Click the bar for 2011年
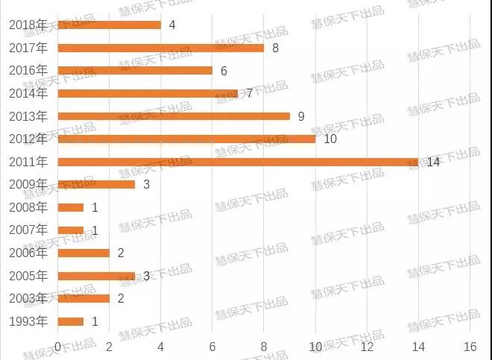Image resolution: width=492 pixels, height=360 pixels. (x=238, y=162)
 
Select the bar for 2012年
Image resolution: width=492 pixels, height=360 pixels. (x=186, y=139)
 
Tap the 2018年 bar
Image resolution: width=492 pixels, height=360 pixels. (x=109, y=25)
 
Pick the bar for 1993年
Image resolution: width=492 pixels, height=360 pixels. (x=71, y=321)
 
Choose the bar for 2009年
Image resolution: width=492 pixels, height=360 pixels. (x=96, y=184)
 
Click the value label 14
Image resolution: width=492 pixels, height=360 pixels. (x=433, y=162)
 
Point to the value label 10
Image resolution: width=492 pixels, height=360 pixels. (x=330, y=139)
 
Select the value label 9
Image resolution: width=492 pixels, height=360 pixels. (x=301, y=116)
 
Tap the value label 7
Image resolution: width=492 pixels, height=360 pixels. (x=250, y=93)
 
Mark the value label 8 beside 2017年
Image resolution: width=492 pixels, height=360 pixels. (x=275, y=48)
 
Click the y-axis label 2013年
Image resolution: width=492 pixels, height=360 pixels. (x=28, y=116)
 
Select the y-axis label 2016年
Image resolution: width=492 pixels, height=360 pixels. (x=28, y=70)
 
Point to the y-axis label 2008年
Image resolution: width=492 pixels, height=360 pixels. (x=28, y=207)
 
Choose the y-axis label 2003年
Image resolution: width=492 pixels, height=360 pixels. (x=28, y=298)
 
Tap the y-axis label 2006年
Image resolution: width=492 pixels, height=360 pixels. (x=28, y=253)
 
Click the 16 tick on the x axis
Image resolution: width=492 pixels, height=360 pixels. (x=470, y=347)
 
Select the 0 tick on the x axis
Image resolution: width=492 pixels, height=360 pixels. (x=58, y=347)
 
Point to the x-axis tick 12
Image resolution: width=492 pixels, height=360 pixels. (x=367, y=347)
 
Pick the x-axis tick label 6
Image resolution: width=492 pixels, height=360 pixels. (x=212, y=347)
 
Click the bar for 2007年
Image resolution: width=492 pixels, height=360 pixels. (x=71, y=230)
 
